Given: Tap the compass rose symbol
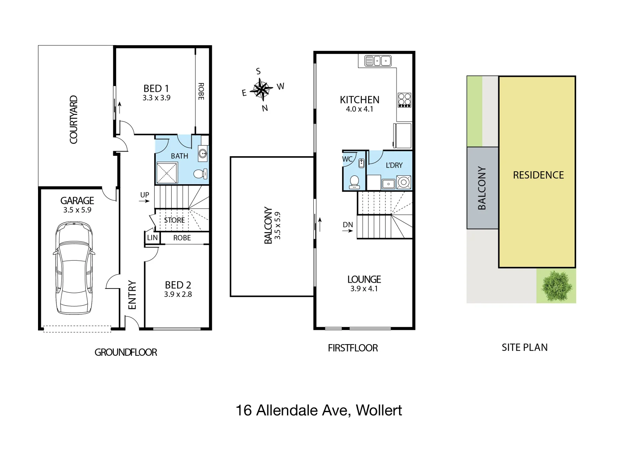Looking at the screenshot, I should tap(262, 90).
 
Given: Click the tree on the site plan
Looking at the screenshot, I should tap(556, 286).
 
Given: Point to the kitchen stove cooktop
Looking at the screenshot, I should tap(404, 100).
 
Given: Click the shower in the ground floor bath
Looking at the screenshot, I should tap(167, 172).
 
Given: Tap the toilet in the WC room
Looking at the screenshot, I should tap(354, 182).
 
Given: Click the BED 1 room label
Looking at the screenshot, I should tap(156, 89).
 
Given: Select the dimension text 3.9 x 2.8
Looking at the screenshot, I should tap(178, 294).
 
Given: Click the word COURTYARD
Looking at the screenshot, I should tap(74, 120).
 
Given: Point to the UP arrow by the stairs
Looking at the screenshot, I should tap(144, 201).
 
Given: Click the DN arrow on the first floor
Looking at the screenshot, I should tap(348, 231).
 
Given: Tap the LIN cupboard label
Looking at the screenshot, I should tap(153, 238).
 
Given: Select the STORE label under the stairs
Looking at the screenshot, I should tap(174, 220).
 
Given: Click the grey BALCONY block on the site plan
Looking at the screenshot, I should tap(482, 188).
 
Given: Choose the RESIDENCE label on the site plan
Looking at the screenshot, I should tap(538, 175).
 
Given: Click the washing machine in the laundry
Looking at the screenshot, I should tap(404, 182).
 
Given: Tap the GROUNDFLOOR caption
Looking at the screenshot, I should tap(126, 352).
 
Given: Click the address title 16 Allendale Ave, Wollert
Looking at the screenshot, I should tap(319, 410).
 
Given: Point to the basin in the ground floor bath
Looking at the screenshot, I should tap(203, 153).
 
